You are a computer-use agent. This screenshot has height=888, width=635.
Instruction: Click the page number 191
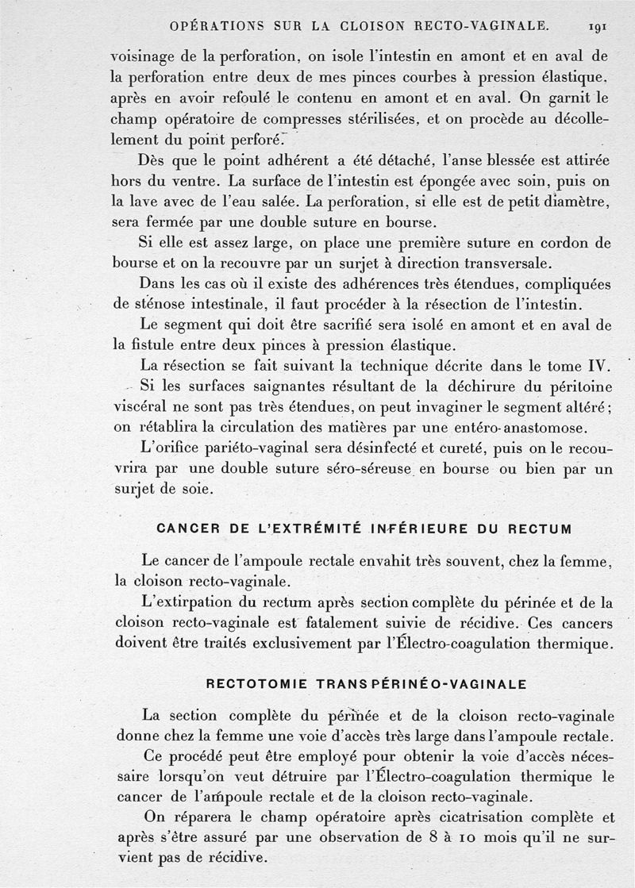point(598,26)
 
